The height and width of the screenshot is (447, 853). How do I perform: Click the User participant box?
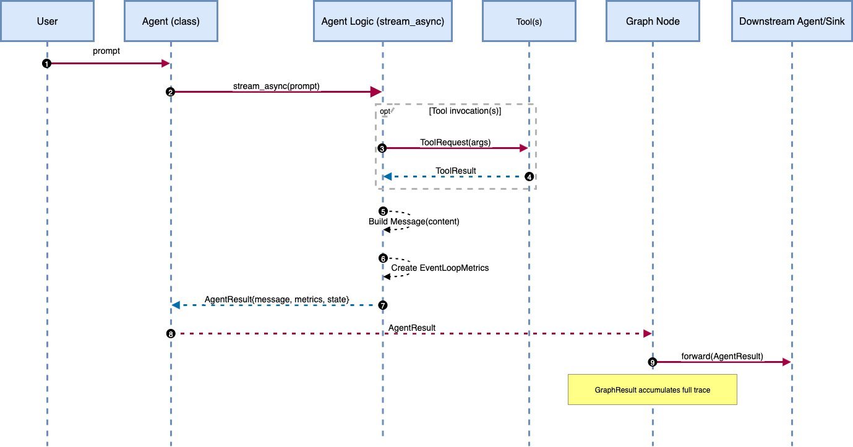[x=47, y=21]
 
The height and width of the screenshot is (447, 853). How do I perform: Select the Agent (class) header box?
[x=171, y=21]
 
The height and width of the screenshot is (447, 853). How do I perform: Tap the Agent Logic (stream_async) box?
[x=382, y=21]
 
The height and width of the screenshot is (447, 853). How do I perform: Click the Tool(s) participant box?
[x=529, y=21]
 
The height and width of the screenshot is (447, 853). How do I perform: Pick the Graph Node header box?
[x=652, y=21]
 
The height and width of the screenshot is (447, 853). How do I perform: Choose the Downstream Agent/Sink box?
[x=792, y=21]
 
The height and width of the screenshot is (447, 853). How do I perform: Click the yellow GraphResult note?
[x=652, y=390]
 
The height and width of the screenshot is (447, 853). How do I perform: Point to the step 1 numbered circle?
[x=46, y=64]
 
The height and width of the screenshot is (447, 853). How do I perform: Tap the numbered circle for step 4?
[x=529, y=177]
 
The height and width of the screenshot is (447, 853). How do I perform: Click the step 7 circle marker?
[x=383, y=305]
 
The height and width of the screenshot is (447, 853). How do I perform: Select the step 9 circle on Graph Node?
[x=652, y=362]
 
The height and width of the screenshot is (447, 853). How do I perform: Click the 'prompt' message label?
[x=106, y=51]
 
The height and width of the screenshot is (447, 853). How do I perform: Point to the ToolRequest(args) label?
[x=455, y=142]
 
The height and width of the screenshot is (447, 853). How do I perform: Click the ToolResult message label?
[x=455, y=170]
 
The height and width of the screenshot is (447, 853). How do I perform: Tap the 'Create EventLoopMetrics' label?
[x=440, y=268]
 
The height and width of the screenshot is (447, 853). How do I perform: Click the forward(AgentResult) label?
[x=722, y=357]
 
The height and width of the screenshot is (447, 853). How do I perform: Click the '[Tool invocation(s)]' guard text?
[x=465, y=111]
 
